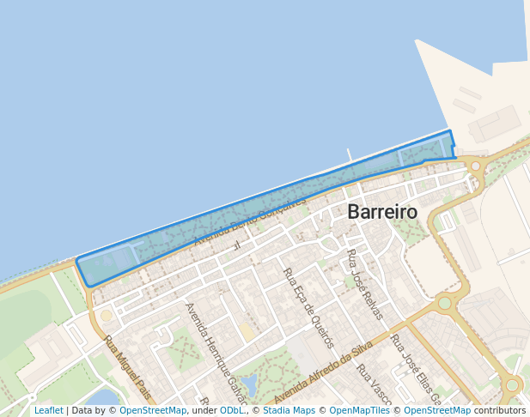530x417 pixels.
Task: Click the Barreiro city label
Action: (382, 213)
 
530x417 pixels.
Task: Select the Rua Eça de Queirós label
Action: (308, 307)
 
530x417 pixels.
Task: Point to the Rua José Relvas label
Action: (364, 284)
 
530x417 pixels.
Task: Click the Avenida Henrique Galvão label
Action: (216, 353)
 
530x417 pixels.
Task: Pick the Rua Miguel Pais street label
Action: (127, 368)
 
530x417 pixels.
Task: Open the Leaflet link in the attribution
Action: (48, 411)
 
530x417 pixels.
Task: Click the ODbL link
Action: (232, 411)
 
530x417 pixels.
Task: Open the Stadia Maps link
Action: (288, 411)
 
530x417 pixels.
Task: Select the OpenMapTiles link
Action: (360, 411)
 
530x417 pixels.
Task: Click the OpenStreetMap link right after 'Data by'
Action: (153, 411)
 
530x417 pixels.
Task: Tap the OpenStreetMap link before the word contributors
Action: (437, 411)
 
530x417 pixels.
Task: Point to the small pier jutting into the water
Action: (349, 155)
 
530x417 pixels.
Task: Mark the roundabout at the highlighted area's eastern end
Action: (475, 166)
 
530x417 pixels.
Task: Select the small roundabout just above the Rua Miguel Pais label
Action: (107, 316)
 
